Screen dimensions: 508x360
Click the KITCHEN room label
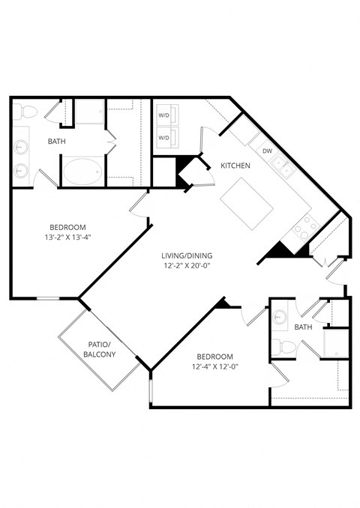tap(235, 166)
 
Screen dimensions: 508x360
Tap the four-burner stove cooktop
tap(306, 226)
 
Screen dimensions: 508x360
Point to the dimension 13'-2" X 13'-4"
tap(68, 237)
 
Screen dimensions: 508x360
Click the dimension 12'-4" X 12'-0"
tap(215, 366)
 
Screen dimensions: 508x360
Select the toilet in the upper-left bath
tap(28, 112)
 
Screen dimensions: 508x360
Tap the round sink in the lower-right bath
tap(280, 317)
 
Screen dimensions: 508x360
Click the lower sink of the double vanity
tap(19, 170)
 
